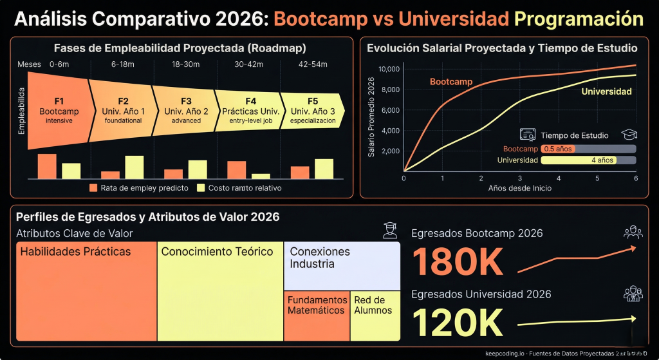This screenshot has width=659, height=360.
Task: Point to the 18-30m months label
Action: click(186, 64)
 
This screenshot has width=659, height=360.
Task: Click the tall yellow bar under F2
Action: click(134, 167)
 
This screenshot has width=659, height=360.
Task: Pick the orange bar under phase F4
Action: click(237, 169)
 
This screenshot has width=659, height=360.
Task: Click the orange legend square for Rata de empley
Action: click(93, 188)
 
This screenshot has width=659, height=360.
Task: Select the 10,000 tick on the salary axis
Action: click(389, 70)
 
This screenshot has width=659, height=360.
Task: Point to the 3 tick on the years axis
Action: click(520, 178)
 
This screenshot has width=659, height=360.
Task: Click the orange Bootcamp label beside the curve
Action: click(450, 82)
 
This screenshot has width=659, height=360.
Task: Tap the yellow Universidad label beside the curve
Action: click(606, 91)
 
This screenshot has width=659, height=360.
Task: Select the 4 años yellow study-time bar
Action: click(578, 160)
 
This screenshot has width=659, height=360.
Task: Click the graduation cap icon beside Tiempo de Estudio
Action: click(627, 135)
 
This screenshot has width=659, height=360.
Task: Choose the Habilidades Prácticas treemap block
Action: click(86, 291)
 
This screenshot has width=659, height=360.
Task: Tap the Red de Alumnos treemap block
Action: click(375, 316)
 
